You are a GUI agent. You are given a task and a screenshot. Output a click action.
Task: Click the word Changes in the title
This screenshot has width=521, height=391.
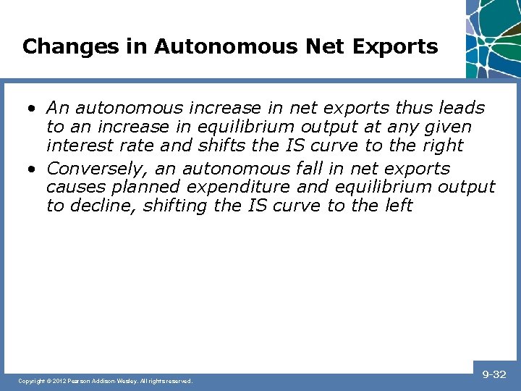coord(60,47)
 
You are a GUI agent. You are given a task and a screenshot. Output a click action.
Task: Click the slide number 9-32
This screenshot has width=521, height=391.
coord(494,374)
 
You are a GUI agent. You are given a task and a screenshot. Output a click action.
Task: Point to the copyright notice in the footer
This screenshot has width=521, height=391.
coord(106,380)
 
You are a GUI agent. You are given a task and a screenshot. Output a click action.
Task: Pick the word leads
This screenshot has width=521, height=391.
coord(462,108)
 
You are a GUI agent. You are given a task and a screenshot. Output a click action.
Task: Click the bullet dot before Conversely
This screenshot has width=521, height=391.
coord(33,169)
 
